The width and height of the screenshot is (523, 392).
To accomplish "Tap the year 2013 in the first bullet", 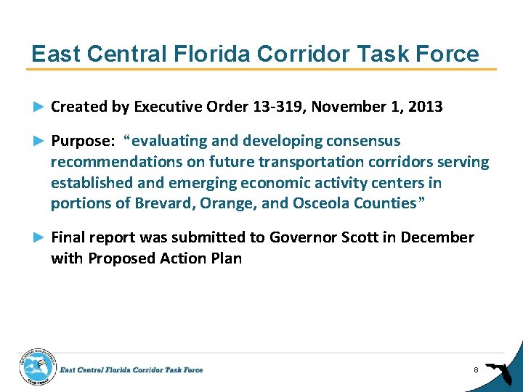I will tap(425, 107).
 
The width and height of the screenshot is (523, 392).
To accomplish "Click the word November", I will tap(354, 107).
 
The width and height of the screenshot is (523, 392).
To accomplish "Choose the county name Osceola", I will tap(323, 203).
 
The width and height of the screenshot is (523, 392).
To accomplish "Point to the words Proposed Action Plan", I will tap(165, 258).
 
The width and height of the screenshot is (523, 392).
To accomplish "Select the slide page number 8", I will tap(475, 370).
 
